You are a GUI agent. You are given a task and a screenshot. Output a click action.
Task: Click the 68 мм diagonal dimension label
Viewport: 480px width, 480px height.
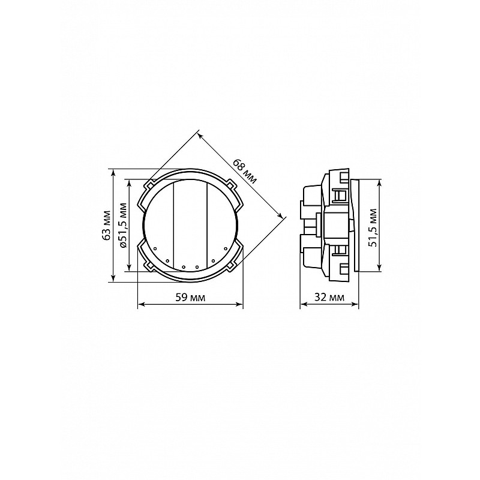pyautogui.click(x=245, y=172)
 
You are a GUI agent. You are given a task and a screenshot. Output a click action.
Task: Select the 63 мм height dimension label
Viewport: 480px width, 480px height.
pyautogui.click(x=106, y=225)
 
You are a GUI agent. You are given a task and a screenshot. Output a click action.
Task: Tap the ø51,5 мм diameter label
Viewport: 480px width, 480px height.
pyautogui.click(x=123, y=225)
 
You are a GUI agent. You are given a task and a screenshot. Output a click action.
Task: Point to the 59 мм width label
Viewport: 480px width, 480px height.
pyautogui.click(x=190, y=297)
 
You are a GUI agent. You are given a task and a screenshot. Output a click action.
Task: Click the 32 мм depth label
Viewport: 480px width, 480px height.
pyautogui.click(x=329, y=297)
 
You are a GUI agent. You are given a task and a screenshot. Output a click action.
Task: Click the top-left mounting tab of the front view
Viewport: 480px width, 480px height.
pyautogui.click(x=149, y=185)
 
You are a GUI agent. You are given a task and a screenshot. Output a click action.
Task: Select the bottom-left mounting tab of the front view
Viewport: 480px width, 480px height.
pyautogui.click(x=149, y=266)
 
